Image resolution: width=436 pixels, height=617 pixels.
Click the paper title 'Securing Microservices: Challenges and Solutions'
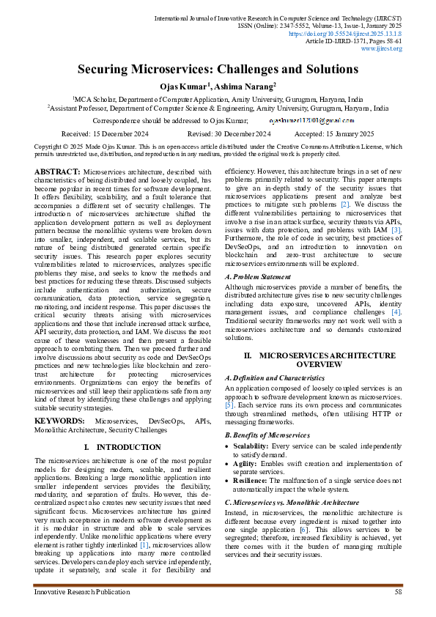tap(218, 70)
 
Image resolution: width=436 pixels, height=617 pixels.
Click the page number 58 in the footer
tap(398, 591)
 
